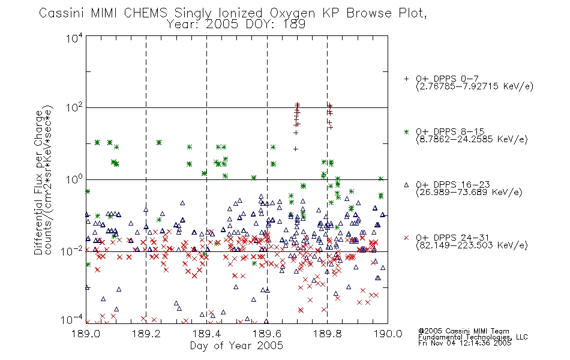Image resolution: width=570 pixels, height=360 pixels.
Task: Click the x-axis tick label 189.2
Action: pyautogui.click(x=146, y=334)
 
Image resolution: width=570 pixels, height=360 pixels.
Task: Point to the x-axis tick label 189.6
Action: pyautogui.click(x=267, y=334)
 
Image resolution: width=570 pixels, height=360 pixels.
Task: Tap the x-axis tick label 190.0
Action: pyautogui.click(x=388, y=334)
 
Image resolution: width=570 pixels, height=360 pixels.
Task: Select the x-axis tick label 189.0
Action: pyautogui.click(x=86, y=334)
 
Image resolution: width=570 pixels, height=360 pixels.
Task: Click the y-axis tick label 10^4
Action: pyautogui.click(x=74, y=38)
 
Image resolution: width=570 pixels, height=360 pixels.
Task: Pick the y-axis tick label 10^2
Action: pyautogui.click(x=74, y=108)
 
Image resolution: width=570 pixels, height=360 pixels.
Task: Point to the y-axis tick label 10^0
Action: pyautogui.click(x=74, y=179)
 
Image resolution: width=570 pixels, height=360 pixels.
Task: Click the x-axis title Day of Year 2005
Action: pyautogui.click(x=236, y=346)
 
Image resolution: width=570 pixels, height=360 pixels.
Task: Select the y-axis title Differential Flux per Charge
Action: pyautogui.click(x=38, y=182)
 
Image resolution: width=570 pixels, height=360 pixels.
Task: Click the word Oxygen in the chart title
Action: pyautogui.click(x=293, y=13)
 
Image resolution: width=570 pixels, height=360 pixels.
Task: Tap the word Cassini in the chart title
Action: pyautogui.click(x=61, y=13)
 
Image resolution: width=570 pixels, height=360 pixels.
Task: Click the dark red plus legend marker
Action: pyautogui.click(x=406, y=79)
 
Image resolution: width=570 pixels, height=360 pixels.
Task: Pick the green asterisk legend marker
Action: pyautogui.click(x=406, y=132)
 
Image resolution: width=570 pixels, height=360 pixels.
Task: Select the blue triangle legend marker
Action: pyautogui.click(x=406, y=185)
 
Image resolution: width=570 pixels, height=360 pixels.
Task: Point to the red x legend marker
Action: pyautogui.click(x=406, y=238)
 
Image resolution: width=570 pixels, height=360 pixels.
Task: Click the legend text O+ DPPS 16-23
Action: pyautogui.click(x=453, y=184)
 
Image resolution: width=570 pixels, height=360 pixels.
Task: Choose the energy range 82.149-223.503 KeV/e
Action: pyautogui.click(x=472, y=245)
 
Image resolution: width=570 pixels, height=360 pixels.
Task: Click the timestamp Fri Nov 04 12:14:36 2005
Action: pyautogui.click(x=464, y=343)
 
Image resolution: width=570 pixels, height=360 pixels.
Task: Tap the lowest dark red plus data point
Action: pyautogui.click(x=296, y=149)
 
